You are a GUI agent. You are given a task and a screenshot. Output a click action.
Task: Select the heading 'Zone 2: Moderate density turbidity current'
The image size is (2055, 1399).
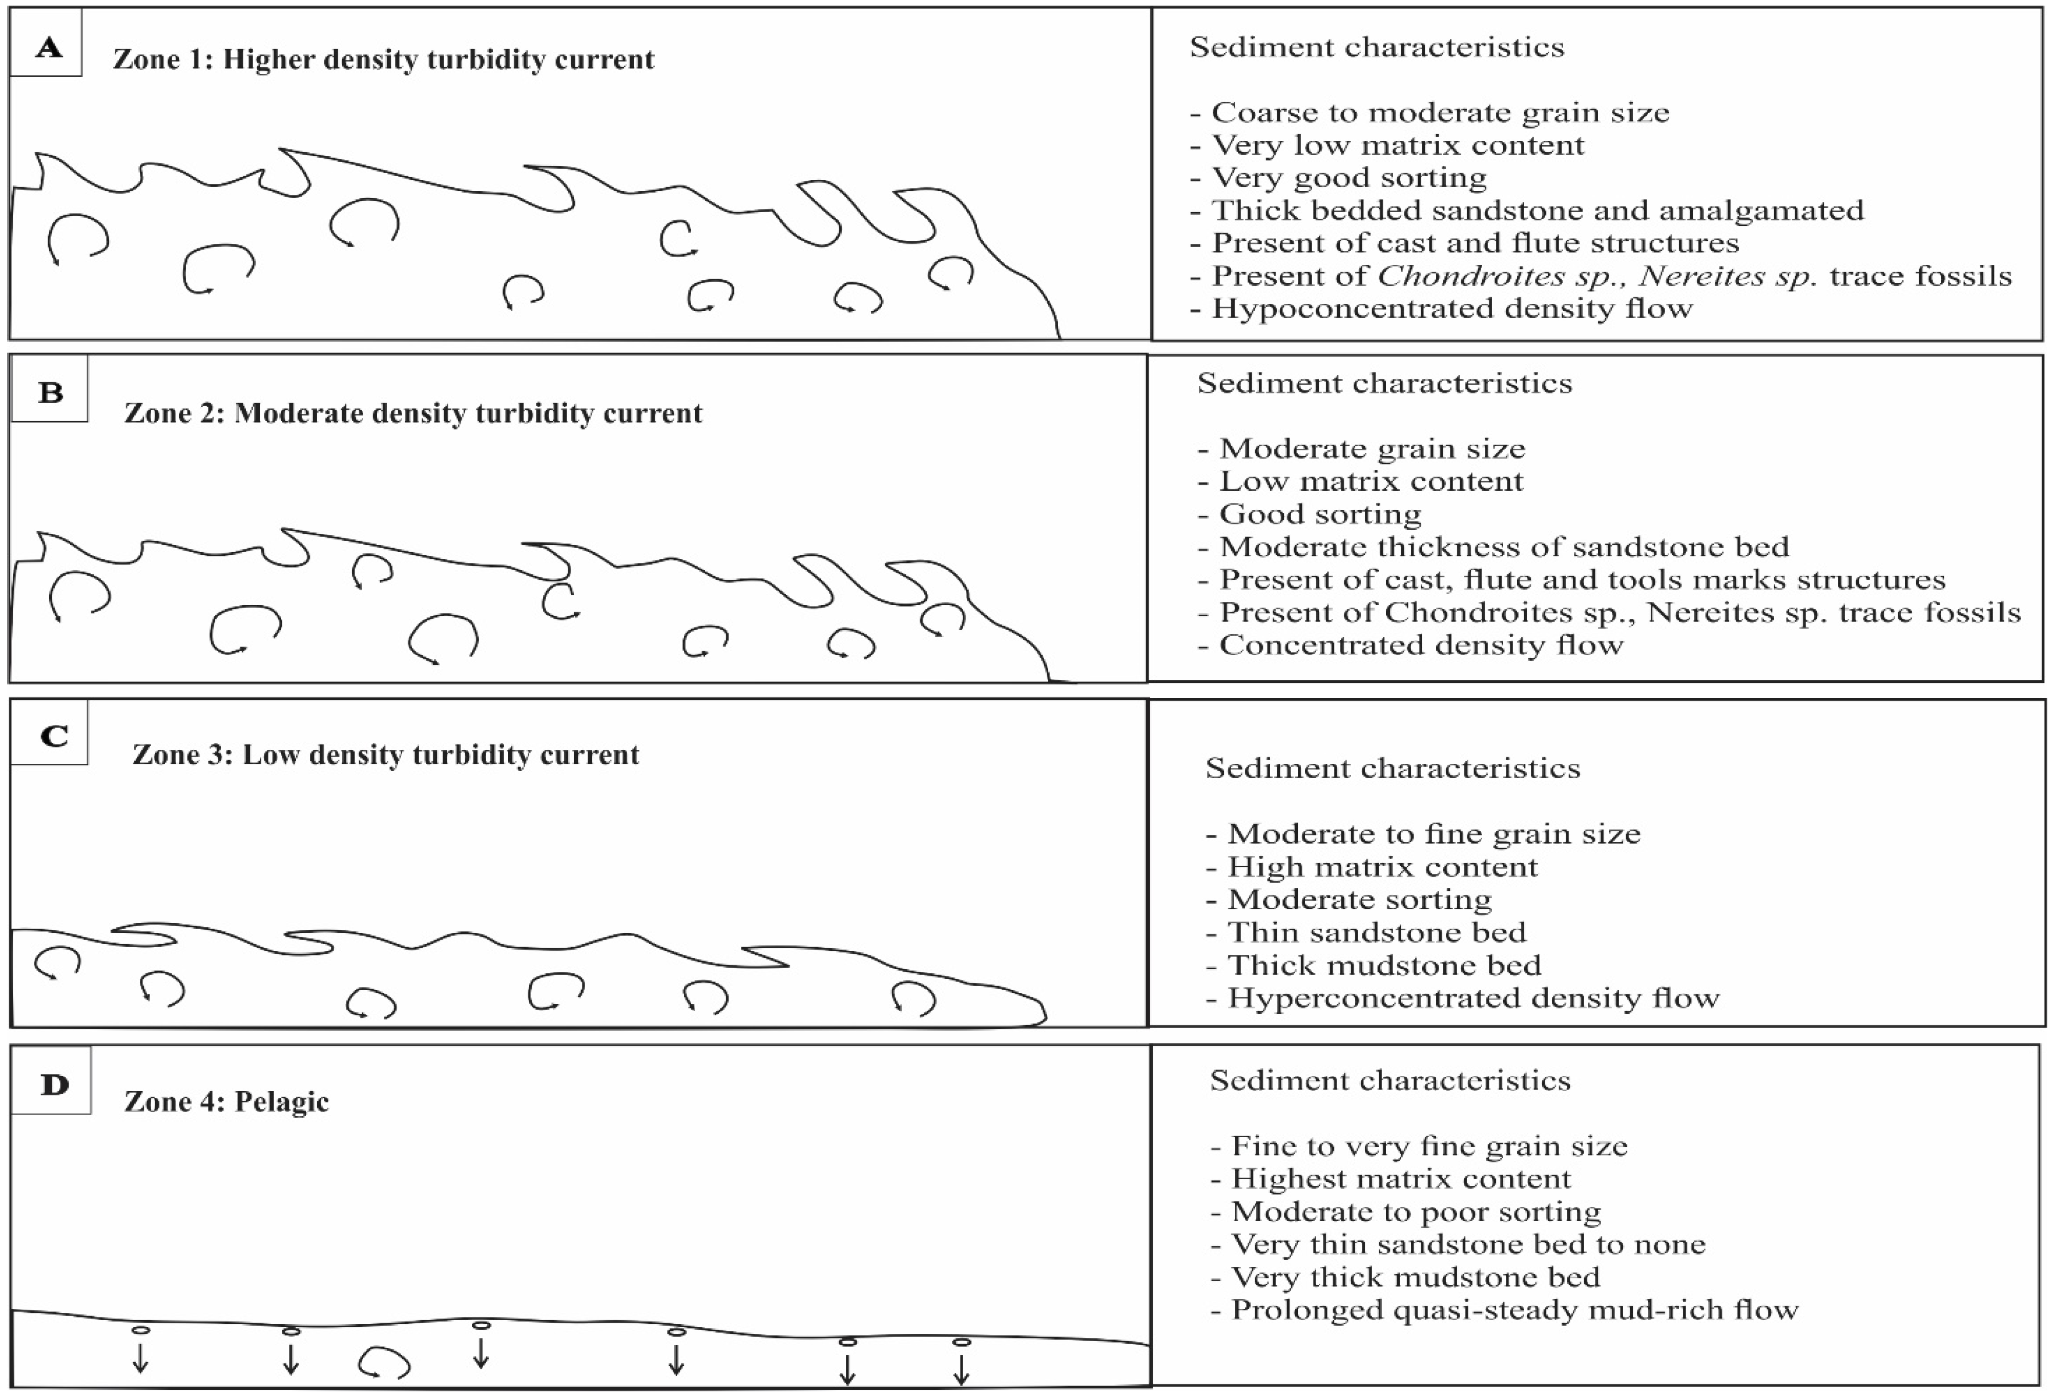(x=413, y=413)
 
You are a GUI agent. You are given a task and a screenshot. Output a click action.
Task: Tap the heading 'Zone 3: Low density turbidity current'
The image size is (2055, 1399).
(x=385, y=755)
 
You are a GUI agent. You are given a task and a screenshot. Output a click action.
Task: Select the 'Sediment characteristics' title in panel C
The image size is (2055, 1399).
(x=1393, y=767)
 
